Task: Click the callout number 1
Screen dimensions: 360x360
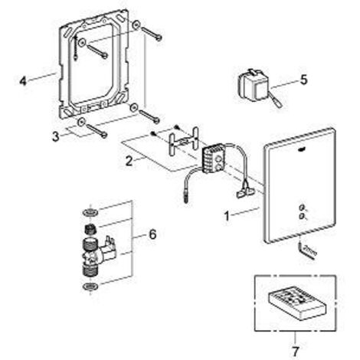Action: pos(227,216)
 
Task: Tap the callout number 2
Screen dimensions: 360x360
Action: pos(129,162)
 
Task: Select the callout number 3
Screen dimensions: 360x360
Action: pos(56,136)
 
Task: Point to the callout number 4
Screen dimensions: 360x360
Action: pos(23,81)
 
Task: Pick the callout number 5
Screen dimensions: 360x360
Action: pos(303,80)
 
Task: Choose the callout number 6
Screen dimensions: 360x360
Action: pos(152,234)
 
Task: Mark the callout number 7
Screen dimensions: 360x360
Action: pos(296,351)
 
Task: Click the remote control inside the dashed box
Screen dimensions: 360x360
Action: pos(297,302)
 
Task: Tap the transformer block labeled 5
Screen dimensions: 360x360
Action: pos(254,83)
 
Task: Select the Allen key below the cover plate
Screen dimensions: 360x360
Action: pos(307,250)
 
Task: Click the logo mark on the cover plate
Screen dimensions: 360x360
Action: pos(303,151)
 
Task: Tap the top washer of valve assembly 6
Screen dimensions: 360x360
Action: pos(90,211)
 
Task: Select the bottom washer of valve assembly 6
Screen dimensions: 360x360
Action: pos(90,286)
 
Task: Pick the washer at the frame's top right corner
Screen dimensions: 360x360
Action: pos(136,25)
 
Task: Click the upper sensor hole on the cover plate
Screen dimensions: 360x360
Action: pos(303,207)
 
